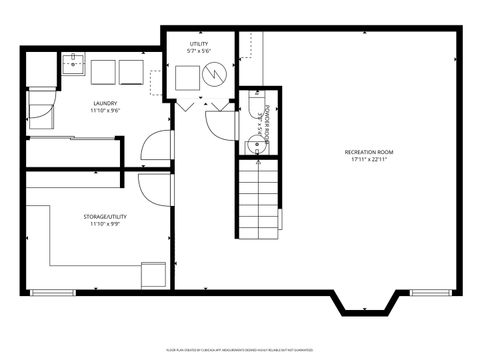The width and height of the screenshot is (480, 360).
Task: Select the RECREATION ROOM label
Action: (372, 152)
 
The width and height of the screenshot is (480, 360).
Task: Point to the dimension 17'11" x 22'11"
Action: (372, 160)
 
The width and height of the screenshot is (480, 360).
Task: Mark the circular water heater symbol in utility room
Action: (214, 75)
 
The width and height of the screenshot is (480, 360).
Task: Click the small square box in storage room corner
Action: (154, 274)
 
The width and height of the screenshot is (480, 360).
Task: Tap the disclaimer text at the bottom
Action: (240, 350)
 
